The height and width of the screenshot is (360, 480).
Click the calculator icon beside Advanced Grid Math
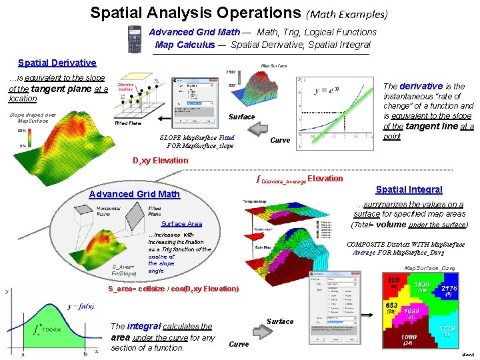[x=135, y=39]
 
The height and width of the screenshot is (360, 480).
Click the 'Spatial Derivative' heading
[x=57, y=63]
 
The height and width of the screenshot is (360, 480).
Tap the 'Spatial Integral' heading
[x=409, y=190]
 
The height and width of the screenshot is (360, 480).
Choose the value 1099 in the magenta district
[x=411, y=312]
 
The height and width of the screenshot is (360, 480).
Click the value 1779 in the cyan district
[x=447, y=329]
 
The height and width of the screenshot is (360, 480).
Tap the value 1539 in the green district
[x=421, y=285]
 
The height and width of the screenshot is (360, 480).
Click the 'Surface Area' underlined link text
[x=181, y=224]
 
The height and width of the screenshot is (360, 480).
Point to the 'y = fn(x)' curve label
[x=81, y=307]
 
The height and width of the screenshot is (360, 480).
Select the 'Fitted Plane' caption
[x=128, y=123]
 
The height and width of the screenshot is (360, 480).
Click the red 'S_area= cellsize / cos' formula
[x=173, y=289]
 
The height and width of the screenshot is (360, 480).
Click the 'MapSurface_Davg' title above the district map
[x=430, y=268]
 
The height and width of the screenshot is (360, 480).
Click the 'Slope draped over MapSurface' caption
[x=32, y=117]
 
